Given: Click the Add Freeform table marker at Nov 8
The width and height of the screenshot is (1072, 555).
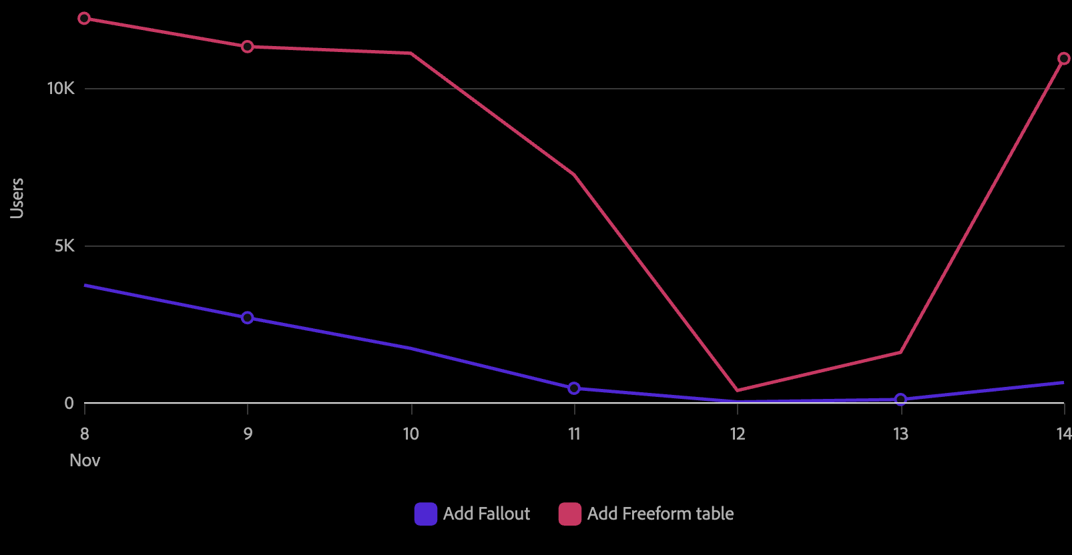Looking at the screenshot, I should click(x=84, y=19).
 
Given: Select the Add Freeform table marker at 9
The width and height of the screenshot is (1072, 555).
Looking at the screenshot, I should click(x=248, y=47).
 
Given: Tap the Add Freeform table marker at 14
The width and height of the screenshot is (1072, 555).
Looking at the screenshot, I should click(x=1064, y=59).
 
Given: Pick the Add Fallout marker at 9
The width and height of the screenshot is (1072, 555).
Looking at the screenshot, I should click(x=248, y=318).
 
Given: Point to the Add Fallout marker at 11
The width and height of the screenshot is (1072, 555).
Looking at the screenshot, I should click(x=574, y=388).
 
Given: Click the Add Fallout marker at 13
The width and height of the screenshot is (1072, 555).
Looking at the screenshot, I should click(x=900, y=400).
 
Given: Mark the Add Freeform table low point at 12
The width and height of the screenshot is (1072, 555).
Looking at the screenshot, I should click(x=737, y=390).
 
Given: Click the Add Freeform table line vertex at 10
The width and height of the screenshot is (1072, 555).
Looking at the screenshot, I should click(x=411, y=53).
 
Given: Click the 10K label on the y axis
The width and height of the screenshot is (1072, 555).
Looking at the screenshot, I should click(x=60, y=89).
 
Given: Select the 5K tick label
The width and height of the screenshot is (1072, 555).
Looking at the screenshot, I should click(x=64, y=246).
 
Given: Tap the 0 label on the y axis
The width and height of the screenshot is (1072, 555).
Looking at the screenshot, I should click(x=69, y=403).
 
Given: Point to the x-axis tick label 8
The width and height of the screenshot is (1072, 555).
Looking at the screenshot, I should click(x=85, y=434).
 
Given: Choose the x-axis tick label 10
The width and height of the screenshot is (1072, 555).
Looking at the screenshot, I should click(x=411, y=434).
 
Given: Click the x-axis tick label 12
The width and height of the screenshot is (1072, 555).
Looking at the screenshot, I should click(x=738, y=434).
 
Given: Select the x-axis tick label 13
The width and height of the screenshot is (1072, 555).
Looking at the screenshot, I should click(x=900, y=434).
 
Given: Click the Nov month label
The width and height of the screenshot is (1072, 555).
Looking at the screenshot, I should click(x=85, y=461).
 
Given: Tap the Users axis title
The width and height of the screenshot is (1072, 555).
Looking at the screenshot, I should click(x=17, y=198).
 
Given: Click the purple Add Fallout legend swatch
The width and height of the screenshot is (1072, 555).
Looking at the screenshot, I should click(x=426, y=514).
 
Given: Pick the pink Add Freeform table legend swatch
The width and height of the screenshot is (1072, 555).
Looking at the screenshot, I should click(x=570, y=514).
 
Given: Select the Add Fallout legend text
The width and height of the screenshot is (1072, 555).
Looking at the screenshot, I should click(x=487, y=514).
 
